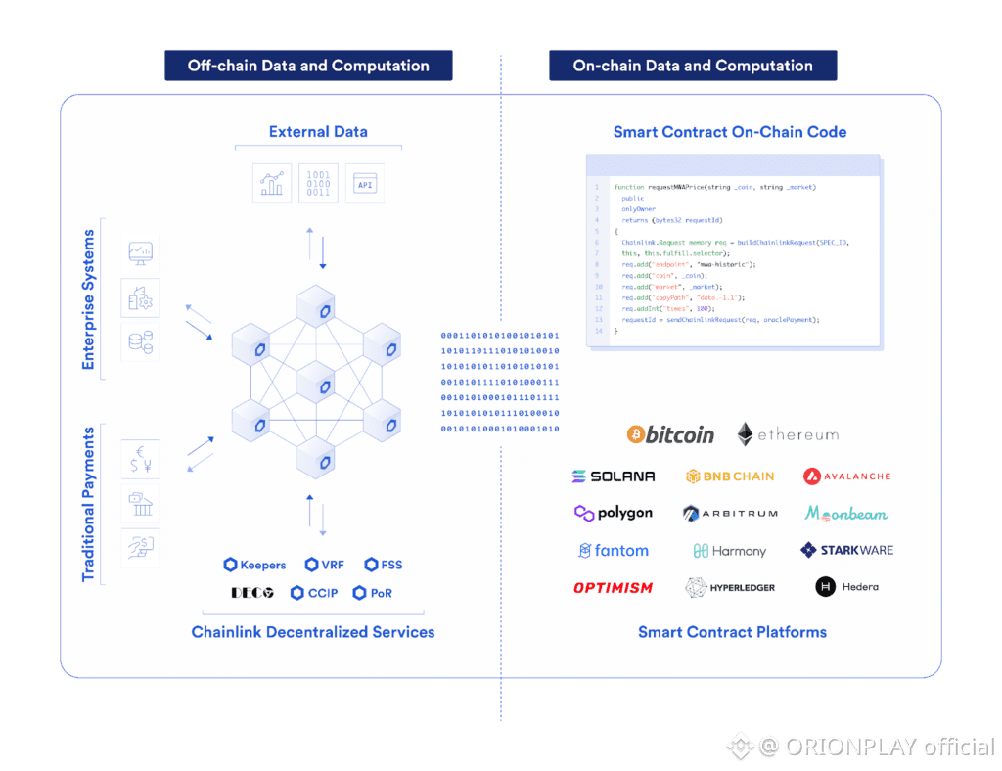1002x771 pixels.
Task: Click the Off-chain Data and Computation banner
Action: coord(308,66)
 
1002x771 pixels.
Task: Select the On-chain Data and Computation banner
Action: coord(693,66)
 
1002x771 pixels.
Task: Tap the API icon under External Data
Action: coord(365,183)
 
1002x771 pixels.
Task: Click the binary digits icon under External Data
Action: coord(319,182)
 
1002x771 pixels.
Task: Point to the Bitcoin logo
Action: coord(670,434)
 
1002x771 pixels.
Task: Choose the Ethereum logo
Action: coord(788,434)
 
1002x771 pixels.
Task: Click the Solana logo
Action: coord(614,476)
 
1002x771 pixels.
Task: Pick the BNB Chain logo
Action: coord(730,476)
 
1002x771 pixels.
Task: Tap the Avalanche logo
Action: coord(846,476)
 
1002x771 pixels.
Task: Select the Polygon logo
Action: coord(614,513)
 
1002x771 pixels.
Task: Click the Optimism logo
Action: coord(614,587)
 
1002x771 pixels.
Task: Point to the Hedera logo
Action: coord(847,587)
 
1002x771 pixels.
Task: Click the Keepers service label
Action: coord(254,565)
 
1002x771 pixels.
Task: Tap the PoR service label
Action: coord(373,593)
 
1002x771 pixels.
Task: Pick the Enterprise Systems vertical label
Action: coord(89,299)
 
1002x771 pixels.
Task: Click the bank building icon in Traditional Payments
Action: coord(140,504)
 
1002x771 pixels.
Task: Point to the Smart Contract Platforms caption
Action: coord(732,632)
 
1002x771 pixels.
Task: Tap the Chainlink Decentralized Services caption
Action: coord(313,632)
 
